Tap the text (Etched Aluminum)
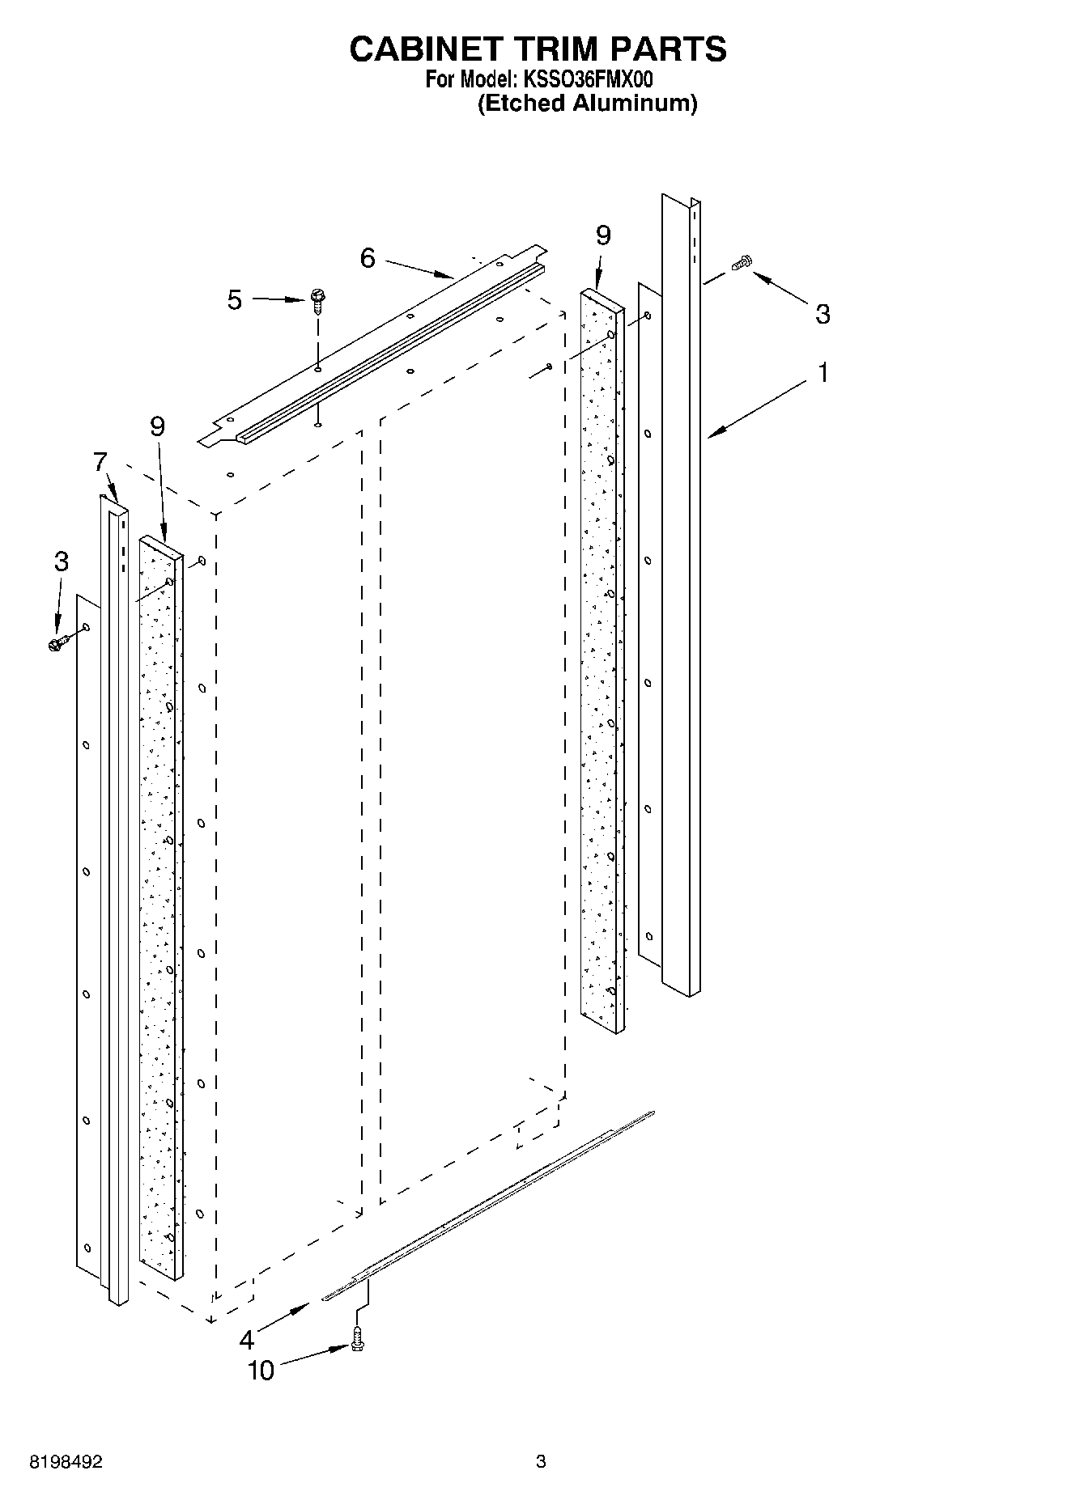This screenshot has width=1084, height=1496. tap(587, 104)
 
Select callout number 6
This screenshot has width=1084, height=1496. tap(368, 258)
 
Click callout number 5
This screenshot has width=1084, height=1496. tap(235, 300)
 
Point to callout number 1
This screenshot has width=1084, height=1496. tap(823, 374)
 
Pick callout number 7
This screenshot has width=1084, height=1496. tap(100, 463)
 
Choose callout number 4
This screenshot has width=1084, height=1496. tap(247, 1341)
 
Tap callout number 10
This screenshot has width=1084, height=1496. tap(261, 1371)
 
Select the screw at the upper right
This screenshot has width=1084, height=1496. tap(742, 263)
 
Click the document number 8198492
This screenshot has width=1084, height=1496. tap(67, 1462)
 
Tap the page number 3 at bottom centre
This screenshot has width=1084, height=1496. tap(541, 1462)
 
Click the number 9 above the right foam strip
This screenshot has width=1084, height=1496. tap(603, 235)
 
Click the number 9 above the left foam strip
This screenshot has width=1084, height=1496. tap(158, 426)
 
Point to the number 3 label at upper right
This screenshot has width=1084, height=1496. tap(823, 314)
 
